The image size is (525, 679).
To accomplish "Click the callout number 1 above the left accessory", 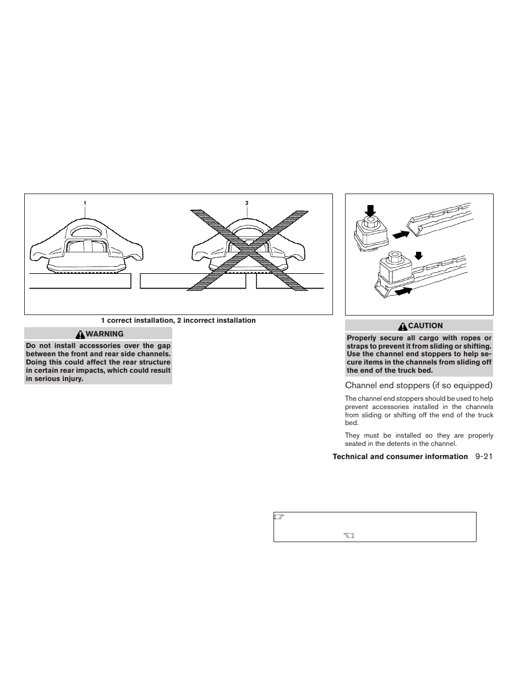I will tap(85, 203).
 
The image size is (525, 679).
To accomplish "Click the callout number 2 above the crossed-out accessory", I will tap(247, 203).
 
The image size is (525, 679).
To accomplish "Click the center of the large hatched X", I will tap(247, 249).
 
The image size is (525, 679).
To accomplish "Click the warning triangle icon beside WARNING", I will tap(81, 334).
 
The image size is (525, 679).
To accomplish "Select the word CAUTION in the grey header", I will tap(425, 325).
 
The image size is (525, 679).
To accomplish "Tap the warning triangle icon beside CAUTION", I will tap(403, 326).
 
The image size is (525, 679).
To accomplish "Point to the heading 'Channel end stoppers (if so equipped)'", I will tap(418, 385).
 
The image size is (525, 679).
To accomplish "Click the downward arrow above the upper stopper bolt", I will tap(370, 210).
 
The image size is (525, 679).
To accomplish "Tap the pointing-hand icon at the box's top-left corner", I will tap(278, 517).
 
